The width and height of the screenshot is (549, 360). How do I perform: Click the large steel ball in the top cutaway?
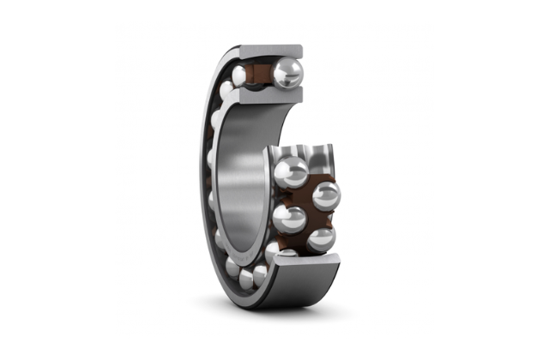tap(287, 73)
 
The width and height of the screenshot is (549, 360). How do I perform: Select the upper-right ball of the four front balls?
tap(326, 196)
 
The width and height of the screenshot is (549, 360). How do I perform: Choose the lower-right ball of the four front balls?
tap(321, 240)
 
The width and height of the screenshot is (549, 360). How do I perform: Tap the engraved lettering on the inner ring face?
tap(225, 244)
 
